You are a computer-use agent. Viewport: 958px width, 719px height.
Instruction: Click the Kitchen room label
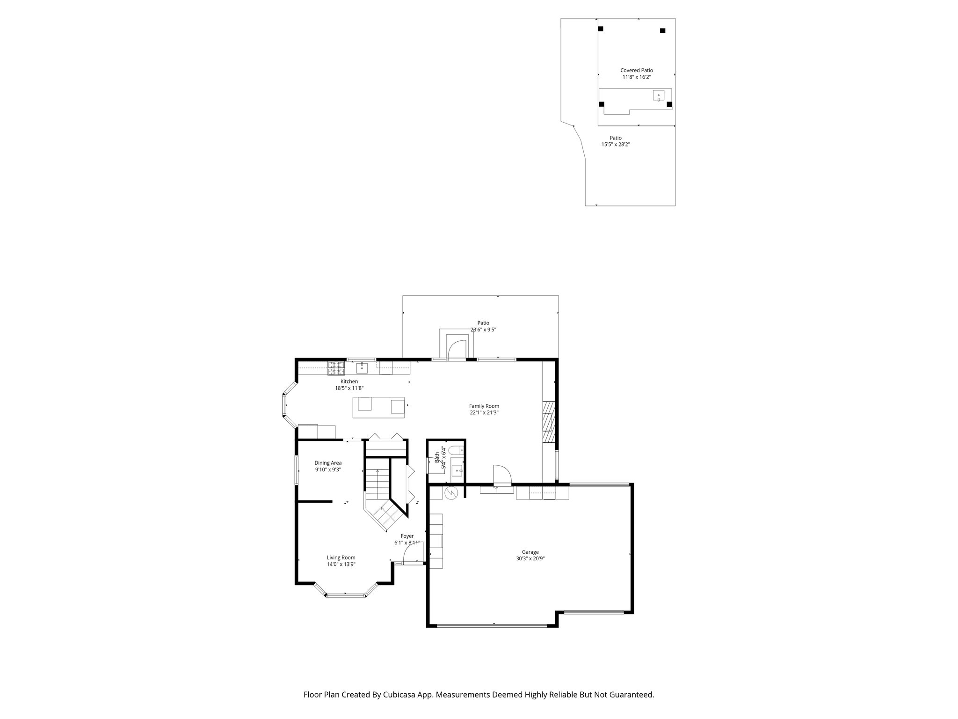tap(349, 382)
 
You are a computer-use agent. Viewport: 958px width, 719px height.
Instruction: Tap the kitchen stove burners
tap(336, 368)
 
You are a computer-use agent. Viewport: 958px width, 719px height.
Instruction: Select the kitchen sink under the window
tap(362, 367)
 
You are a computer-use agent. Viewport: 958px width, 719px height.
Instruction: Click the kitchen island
tap(379, 407)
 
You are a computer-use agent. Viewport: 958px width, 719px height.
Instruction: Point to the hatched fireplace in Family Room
tap(548, 422)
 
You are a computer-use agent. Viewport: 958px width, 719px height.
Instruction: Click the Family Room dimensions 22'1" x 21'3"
tap(484, 413)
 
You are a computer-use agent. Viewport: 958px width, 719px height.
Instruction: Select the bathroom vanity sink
tap(457, 470)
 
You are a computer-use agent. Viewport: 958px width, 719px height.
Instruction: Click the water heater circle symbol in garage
tap(451, 493)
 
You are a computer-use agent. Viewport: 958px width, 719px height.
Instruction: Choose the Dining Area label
tap(327, 463)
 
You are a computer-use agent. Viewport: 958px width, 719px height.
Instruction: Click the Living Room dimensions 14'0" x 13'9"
tap(341, 565)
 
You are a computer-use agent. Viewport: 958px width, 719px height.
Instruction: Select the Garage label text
tap(530, 552)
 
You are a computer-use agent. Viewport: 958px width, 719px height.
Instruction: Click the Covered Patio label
tap(637, 70)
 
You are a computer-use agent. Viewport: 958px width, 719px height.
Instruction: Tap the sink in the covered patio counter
tap(659, 96)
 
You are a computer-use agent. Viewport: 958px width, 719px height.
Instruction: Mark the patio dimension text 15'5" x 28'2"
tap(616, 145)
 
